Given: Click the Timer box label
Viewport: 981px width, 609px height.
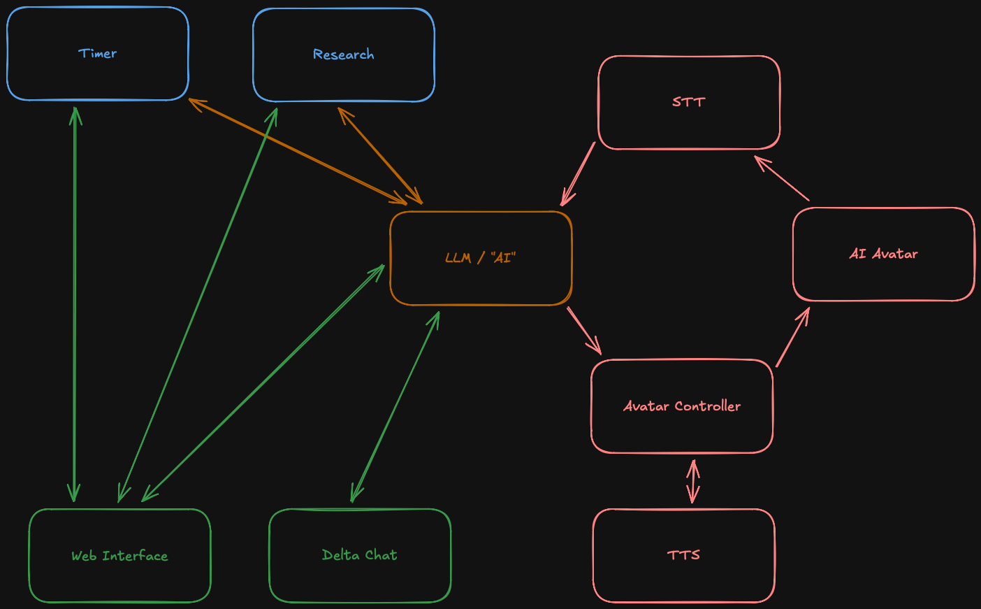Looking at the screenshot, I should (97, 54).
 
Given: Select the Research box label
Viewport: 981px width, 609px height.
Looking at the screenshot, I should (343, 55).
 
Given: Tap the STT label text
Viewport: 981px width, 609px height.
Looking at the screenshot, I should (688, 102).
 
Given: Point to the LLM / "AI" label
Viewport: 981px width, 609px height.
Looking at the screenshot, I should (480, 258).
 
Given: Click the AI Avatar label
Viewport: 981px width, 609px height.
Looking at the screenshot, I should (883, 254).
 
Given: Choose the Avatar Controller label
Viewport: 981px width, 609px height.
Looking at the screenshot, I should (681, 406).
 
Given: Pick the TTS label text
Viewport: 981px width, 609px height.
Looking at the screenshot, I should (683, 555).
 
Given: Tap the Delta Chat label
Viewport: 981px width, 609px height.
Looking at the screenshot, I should (359, 555).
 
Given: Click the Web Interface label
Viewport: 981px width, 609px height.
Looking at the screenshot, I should (119, 556).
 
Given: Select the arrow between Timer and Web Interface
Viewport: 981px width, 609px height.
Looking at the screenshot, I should (75, 304).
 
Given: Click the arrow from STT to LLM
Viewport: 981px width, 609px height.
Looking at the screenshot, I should (578, 174).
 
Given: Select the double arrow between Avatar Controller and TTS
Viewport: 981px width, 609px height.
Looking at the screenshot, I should (692, 481).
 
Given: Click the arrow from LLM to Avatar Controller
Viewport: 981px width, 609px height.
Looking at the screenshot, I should (584, 331).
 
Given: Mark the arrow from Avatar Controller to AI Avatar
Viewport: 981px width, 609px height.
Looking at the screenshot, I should (792, 337).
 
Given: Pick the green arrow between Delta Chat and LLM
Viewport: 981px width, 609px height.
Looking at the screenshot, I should (395, 406).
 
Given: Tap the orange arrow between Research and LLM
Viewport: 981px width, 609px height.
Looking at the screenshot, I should (380, 155).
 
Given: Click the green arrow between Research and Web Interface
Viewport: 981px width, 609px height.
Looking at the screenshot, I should (198, 304).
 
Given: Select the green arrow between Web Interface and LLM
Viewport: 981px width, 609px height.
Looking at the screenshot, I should (263, 382).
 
